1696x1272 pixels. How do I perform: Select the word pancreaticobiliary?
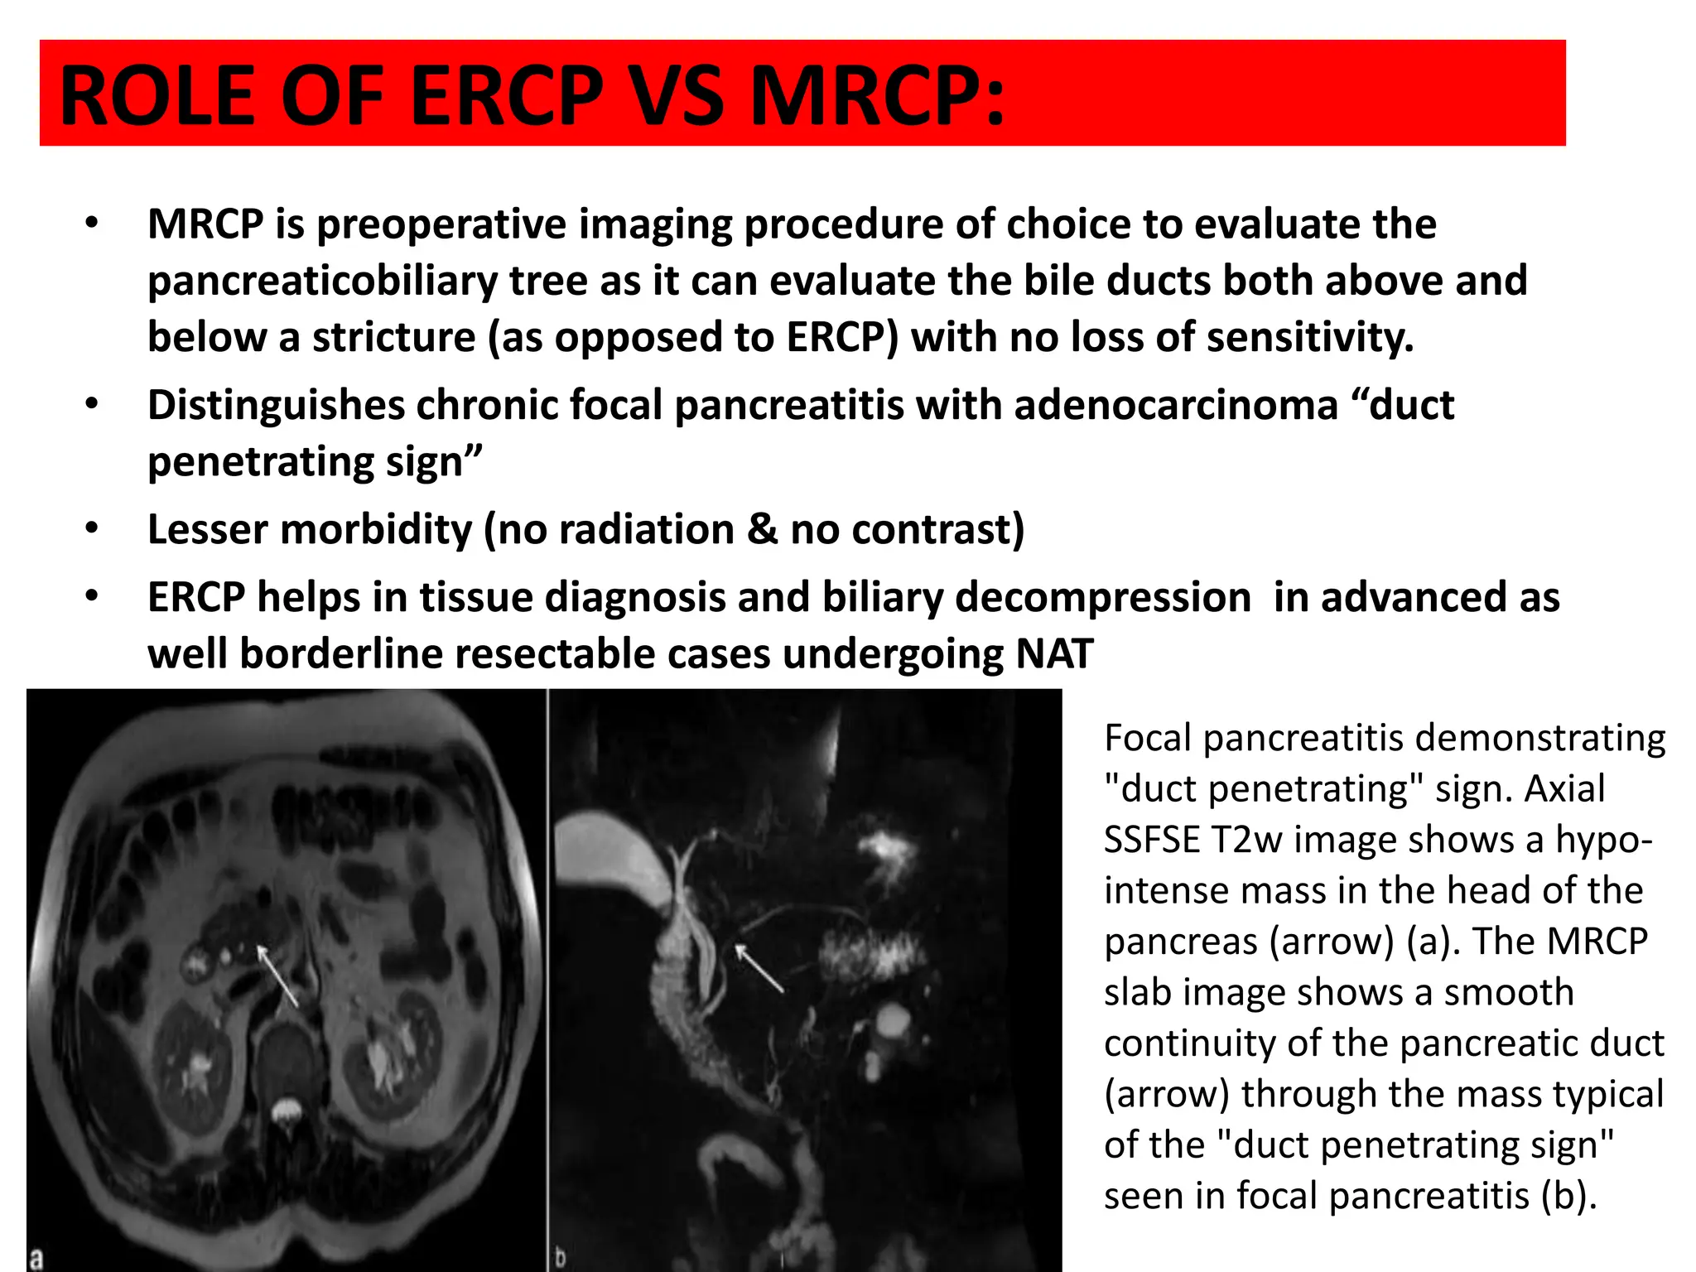click(322, 281)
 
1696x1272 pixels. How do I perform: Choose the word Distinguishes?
click(276, 406)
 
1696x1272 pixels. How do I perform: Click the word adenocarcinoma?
click(1175, 406)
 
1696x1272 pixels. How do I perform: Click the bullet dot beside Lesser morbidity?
click(91, 528)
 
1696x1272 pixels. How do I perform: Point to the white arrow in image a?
click(277, 976)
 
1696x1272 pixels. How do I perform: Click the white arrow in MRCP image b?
click(759, 968)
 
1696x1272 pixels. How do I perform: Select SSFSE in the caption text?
click(1152, 840)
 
